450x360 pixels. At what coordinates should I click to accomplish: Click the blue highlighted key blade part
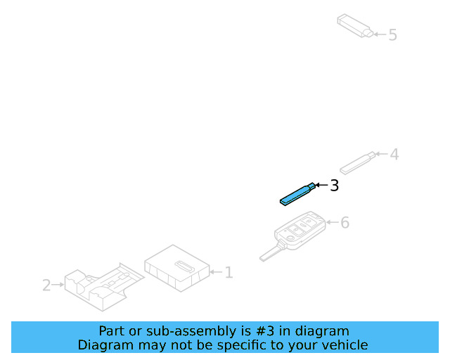click(297, 194)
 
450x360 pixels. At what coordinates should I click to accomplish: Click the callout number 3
click(335, 186)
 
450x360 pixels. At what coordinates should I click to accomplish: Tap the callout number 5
click(392, 35)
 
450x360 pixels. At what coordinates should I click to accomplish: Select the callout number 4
click(394, 155)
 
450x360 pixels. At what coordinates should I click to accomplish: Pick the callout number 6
click(345, 222)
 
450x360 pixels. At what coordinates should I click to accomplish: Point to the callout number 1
click(229, 272)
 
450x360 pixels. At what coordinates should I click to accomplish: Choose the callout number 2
click(46, 285)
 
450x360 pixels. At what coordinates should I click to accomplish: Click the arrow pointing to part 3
click(321, 185)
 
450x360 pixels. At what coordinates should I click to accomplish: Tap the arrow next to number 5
click(380, 34)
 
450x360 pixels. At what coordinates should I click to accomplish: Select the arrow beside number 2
click(58, 285)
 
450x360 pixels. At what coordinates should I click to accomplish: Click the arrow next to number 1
click(216, 272)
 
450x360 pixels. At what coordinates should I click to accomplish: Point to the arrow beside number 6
click(333, 222)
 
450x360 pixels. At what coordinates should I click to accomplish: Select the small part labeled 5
click(355, 26)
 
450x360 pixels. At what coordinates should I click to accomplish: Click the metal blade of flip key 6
click(271, 252)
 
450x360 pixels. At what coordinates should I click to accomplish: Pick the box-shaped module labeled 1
click(176, 268)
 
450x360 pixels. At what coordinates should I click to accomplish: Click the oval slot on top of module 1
click(185, 266)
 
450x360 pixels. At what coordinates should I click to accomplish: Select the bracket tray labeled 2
click(104, 287)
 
